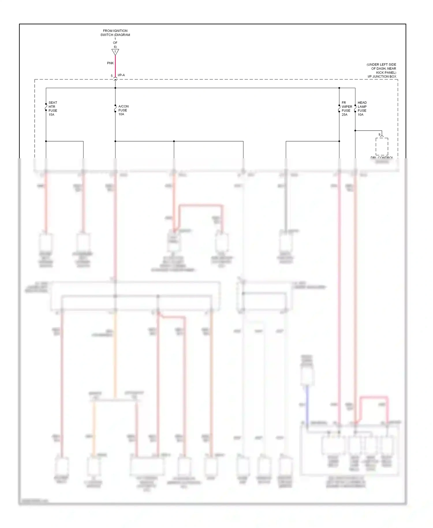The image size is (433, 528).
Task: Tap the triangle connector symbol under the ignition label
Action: click(x=115, y=52)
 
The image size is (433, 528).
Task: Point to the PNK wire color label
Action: click(x=110, y=63)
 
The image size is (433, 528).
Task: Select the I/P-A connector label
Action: click(x=121, y=75)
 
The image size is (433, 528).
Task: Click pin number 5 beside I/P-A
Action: click(x=112, y=76)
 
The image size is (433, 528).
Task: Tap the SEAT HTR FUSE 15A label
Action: click(x=53, y=109)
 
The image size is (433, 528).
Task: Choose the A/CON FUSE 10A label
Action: click(x=123, y=110)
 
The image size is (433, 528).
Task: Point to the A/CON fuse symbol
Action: click(x=115, y=109)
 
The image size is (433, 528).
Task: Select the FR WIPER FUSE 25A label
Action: click(x=346, y=109)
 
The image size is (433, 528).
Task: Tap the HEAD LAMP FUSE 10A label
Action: click(x=362, y=109)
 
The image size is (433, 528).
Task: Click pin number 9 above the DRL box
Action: click(x=379, y=135)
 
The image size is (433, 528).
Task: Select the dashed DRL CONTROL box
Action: click(x=382, y=147)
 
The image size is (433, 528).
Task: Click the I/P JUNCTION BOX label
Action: click(x=382, y=77)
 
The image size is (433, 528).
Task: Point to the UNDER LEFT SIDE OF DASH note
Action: click(x=382, y=68)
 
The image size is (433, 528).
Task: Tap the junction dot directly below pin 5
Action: click(x=115, y=88)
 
